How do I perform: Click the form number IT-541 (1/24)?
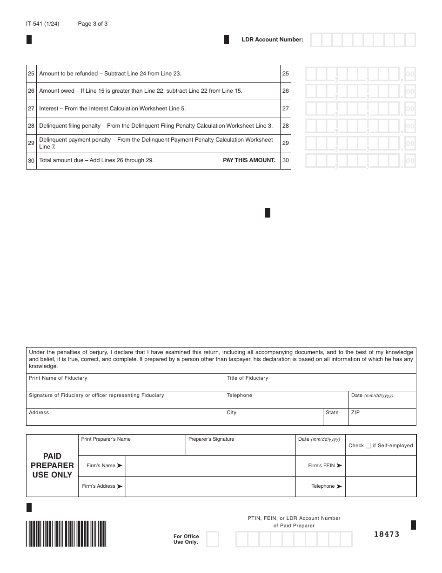point(43,24)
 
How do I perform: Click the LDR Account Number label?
point(272,40)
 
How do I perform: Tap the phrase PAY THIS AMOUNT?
point(249,160)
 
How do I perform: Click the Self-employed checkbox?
point(368,446)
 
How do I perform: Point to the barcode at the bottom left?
point(66,533)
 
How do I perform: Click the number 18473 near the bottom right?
point(387,534)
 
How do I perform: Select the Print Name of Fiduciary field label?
point(58,378)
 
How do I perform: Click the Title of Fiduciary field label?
point(247,378)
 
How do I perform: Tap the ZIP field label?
point(355,413)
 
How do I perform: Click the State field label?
point(332,413)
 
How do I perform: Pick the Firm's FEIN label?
point(321,466)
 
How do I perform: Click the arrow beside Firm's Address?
point(120,486)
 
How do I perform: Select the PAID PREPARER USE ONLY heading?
point(52,465)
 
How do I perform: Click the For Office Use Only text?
point(186,539)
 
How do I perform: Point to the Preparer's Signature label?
point(211,439)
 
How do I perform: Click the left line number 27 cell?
point(31,109)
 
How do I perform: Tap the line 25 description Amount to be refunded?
point(110,74)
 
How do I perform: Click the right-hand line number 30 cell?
point(286,160)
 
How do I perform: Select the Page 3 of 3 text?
point(93,24)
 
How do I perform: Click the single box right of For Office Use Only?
point(212,539)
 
